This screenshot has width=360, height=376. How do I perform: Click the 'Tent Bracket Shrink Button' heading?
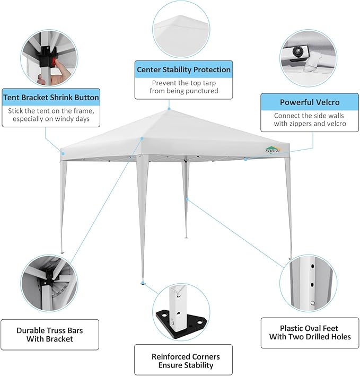pos(51,98)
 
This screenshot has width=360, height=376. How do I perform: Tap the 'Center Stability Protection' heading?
pos(183,69)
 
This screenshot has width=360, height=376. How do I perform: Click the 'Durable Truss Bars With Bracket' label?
pos(50,334)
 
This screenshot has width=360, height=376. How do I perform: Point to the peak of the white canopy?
pos(169,109)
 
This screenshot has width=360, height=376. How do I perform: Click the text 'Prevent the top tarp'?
pos(183,83)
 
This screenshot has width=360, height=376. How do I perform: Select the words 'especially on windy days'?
pos(51,119)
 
